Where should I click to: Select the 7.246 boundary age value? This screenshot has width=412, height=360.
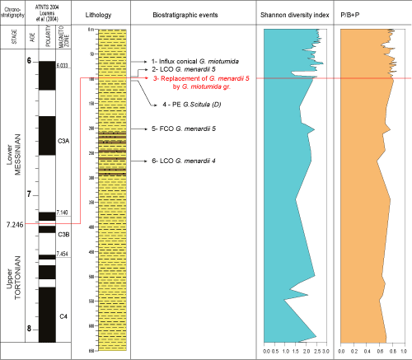(x=13, y=224)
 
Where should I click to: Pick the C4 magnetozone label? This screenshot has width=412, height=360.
(x=63, y=315)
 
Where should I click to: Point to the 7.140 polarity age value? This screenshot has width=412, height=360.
(x=62, y=213)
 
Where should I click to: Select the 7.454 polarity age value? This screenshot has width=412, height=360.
(x=62, y=254)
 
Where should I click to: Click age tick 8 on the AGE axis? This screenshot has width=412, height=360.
(x=30, y=330)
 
